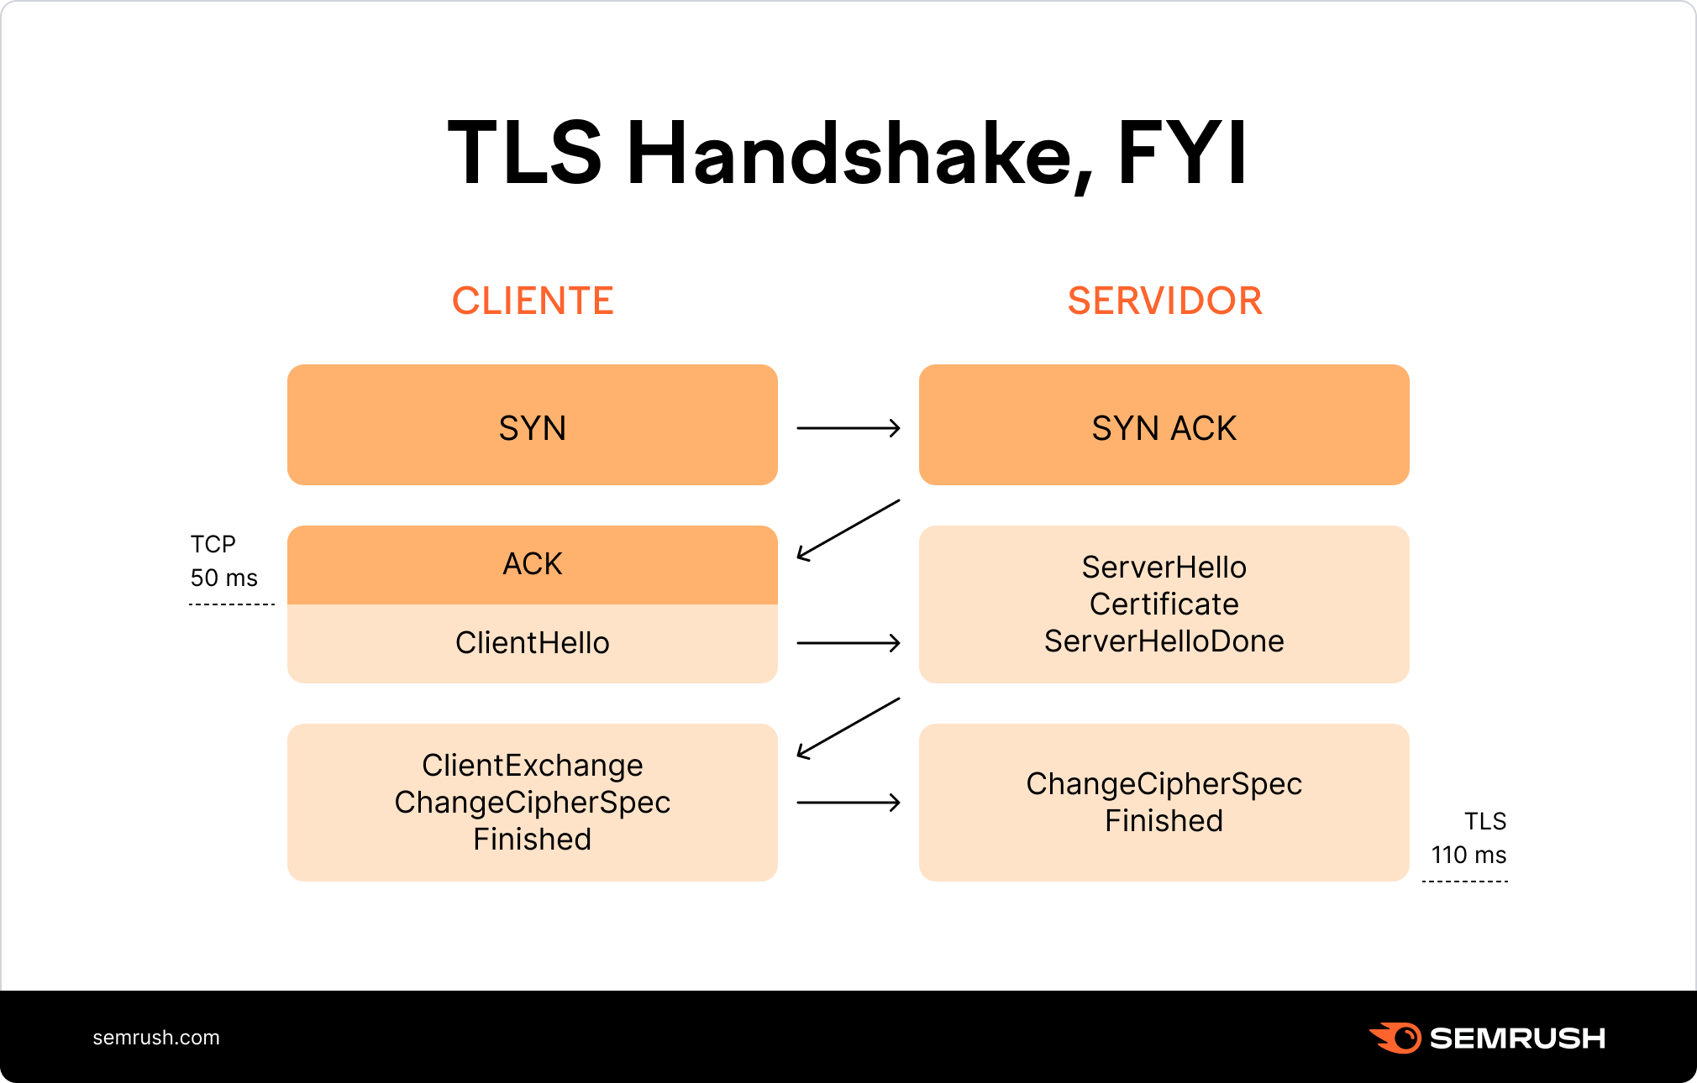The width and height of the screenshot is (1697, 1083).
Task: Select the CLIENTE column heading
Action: pos(533,301)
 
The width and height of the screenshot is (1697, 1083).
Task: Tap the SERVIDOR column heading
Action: pos(1164,301)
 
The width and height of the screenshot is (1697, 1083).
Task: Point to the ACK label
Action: pos(533,564)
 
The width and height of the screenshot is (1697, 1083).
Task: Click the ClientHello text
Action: pos(533,643)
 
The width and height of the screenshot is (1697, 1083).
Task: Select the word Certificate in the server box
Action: pos(1164,604)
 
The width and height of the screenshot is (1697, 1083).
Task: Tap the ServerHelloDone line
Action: pos(1164,641)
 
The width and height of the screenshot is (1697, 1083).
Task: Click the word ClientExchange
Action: pos(533,766)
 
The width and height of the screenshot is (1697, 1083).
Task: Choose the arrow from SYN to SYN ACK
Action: pos(848,428)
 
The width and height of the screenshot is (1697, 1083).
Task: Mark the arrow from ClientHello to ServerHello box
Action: pos(848,643)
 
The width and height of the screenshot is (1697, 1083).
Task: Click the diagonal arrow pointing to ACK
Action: pos(848,530)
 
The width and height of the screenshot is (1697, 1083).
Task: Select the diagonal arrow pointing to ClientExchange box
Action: pos(848,728)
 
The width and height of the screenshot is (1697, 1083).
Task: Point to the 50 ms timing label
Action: pos(223,578)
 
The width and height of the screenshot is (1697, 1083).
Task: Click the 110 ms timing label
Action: pos(1468,855)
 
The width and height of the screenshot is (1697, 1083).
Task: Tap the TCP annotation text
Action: pos(213,545)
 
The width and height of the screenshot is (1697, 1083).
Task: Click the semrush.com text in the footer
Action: pos(156,1038)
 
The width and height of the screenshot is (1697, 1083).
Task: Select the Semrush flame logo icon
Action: pos(1395,1038)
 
